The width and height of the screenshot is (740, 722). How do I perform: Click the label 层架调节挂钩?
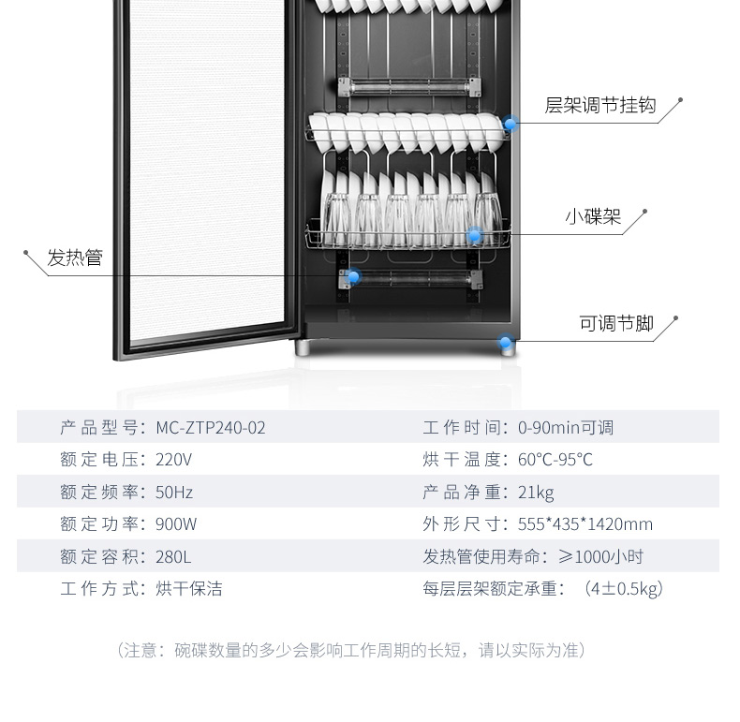click(599, 105)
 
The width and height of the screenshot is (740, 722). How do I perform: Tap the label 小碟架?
click(593, 216)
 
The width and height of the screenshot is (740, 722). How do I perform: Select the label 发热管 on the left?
click(75, 258)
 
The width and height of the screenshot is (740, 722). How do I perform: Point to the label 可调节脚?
click(616, 324)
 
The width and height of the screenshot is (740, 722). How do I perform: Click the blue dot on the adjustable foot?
click(506, 342)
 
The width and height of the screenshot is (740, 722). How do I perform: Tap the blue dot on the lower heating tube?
click(353, 276)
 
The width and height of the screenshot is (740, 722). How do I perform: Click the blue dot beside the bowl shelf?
click(511, 125)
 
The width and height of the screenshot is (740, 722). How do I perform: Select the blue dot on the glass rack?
click(475, 235)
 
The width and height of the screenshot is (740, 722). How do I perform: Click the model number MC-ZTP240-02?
click(211, 428)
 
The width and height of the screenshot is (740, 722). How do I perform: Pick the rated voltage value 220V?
click(173, 460)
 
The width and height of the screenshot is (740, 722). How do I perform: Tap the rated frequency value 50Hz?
click(174, 493)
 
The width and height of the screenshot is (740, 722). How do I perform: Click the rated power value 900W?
click(176, 524)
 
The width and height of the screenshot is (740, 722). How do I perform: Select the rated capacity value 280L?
click(173, 557)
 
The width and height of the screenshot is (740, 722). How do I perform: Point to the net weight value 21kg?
click(536, 493)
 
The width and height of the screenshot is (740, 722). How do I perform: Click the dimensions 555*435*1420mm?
click(585, 524)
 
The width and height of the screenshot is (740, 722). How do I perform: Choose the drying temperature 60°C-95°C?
click(555, 460)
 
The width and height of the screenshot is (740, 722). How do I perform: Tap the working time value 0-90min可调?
click(566, 428)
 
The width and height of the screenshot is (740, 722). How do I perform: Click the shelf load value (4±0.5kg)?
click(624, 589)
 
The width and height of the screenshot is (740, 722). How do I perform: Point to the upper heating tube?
click(409, 87)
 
